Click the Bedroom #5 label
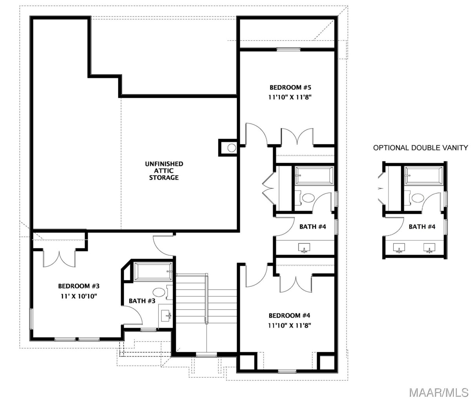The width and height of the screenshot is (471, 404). pos(290,87)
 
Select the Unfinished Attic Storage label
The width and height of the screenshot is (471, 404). pos(164,171)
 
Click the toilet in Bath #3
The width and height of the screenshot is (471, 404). pos(161,293)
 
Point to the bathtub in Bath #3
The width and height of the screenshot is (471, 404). pos(153,272)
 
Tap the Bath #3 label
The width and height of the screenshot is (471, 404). pos(142,301)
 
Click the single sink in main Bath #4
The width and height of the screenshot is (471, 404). pos(304,247)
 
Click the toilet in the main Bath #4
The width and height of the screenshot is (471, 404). pos(306,198)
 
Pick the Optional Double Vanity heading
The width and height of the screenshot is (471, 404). pos(420,148)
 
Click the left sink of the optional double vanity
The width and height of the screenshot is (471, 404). pos(399,247)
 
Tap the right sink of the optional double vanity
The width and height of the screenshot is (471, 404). pos(429,247)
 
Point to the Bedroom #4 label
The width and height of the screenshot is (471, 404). pos(289,315)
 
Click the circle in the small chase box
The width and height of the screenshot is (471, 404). pos(232,148)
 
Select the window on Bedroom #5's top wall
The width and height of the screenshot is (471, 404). pos(288,49)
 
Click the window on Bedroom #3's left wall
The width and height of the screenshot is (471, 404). pos(31,319)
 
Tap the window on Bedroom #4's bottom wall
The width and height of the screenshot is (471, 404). pos(287,372)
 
